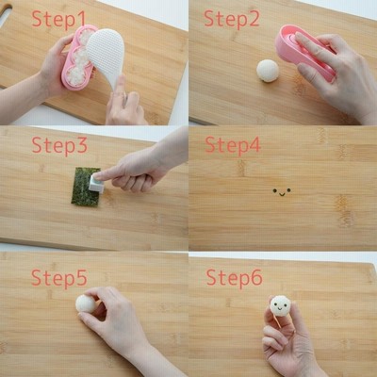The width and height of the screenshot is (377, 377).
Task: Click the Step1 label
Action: (58, 19)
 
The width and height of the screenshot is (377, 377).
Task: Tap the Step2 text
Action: (232, 19)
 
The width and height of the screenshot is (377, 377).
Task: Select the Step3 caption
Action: (59, 145)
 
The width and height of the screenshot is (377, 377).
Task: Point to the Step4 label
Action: (233, 145)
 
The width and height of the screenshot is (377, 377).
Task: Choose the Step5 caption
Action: (59, 278)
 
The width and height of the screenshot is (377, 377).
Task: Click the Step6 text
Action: (234, 278)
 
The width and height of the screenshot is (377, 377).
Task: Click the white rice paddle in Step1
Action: (106, 59)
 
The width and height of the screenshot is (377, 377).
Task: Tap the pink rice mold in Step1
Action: (76, 57)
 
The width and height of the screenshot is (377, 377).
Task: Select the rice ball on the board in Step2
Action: (268, 71)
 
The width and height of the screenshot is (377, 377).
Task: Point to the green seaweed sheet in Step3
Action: (85, 188)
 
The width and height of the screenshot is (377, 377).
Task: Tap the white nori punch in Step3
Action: (95, 183)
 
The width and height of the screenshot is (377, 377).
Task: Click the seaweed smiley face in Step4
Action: (282, 192)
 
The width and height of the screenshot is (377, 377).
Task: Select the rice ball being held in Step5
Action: (86, 303)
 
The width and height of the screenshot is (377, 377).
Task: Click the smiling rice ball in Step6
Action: (280, 305)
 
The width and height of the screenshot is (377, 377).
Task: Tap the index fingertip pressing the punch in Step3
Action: (98, 173)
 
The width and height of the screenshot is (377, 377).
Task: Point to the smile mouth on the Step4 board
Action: (282, 194)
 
